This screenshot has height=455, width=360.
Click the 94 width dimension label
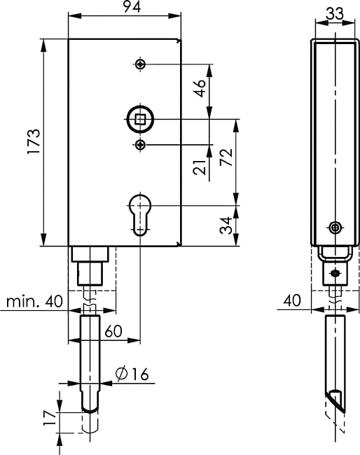tap(132, 7)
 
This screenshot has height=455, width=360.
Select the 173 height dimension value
tap(34, 141)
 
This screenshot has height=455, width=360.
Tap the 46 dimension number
tap(200, 88)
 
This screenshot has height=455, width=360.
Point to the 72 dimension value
tap(226, 157)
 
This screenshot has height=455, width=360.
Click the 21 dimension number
tap(200, 167)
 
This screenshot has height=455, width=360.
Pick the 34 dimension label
tap(226, 225)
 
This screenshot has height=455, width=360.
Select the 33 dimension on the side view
tap(335, 13)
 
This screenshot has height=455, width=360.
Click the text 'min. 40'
tap(34, 302)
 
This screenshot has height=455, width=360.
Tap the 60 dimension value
tap(113, 331)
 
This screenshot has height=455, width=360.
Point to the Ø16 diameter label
tap(132, 374)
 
